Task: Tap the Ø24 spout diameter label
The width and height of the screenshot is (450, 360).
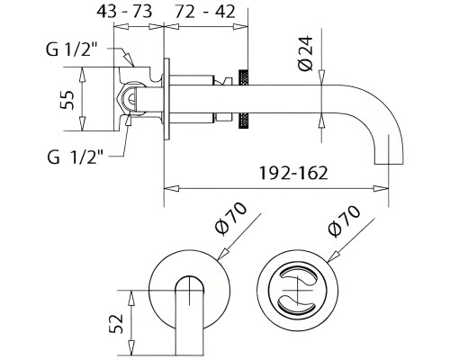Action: [305, 56]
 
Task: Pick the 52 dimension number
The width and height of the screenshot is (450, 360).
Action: [114, 321]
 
